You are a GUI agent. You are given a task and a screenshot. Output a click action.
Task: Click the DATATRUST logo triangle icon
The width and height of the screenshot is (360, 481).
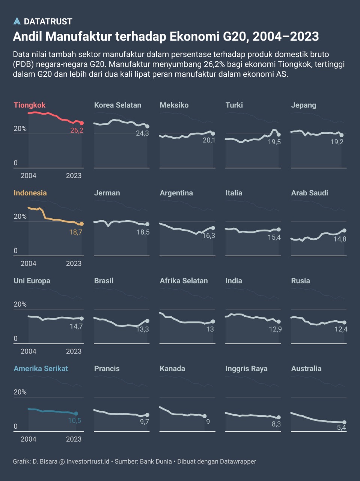coord(17,21)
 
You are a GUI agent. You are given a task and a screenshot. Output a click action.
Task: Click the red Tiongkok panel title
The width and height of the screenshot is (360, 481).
coord(30,105)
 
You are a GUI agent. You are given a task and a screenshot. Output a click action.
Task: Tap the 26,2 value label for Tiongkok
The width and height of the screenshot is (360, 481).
coord(77,131)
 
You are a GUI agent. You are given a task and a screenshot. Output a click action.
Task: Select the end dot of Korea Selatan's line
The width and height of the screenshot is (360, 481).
coord(148,127)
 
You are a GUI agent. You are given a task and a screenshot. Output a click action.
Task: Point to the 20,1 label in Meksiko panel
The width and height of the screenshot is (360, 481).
coord(209,141)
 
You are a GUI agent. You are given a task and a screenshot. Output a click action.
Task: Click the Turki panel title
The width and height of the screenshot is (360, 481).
coord(234,105)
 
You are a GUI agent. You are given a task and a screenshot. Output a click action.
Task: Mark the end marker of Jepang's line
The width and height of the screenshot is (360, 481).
coord(342,135)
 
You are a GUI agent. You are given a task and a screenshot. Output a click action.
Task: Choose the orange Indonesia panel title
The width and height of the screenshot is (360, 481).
coord(30,193)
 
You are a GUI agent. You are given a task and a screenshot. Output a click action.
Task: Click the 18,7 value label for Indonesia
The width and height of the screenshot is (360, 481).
coord(75,232)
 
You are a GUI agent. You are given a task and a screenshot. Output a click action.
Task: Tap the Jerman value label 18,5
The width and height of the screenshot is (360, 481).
coord(143,232)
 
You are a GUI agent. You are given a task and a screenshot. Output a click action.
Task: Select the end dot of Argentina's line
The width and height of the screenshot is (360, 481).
coord(213,228)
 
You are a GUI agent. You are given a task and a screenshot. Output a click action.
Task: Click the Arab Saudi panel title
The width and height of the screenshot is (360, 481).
coord(310,193)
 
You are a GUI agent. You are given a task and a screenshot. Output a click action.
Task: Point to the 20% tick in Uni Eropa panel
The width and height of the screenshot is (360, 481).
coord(20,304)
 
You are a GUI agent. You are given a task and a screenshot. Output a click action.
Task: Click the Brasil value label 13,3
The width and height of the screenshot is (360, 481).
coord(142,329)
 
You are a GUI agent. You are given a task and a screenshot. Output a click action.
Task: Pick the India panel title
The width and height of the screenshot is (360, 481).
coord(234,281)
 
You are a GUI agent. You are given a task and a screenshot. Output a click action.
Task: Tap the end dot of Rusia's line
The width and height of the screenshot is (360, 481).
coord(345,322)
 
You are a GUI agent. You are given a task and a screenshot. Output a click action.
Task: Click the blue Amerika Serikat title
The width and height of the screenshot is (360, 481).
coord(41,369)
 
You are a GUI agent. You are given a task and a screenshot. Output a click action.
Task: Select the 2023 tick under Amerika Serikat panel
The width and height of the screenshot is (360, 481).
coord(74,439)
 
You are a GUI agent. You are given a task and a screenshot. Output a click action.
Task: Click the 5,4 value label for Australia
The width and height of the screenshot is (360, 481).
coord(341,428)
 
